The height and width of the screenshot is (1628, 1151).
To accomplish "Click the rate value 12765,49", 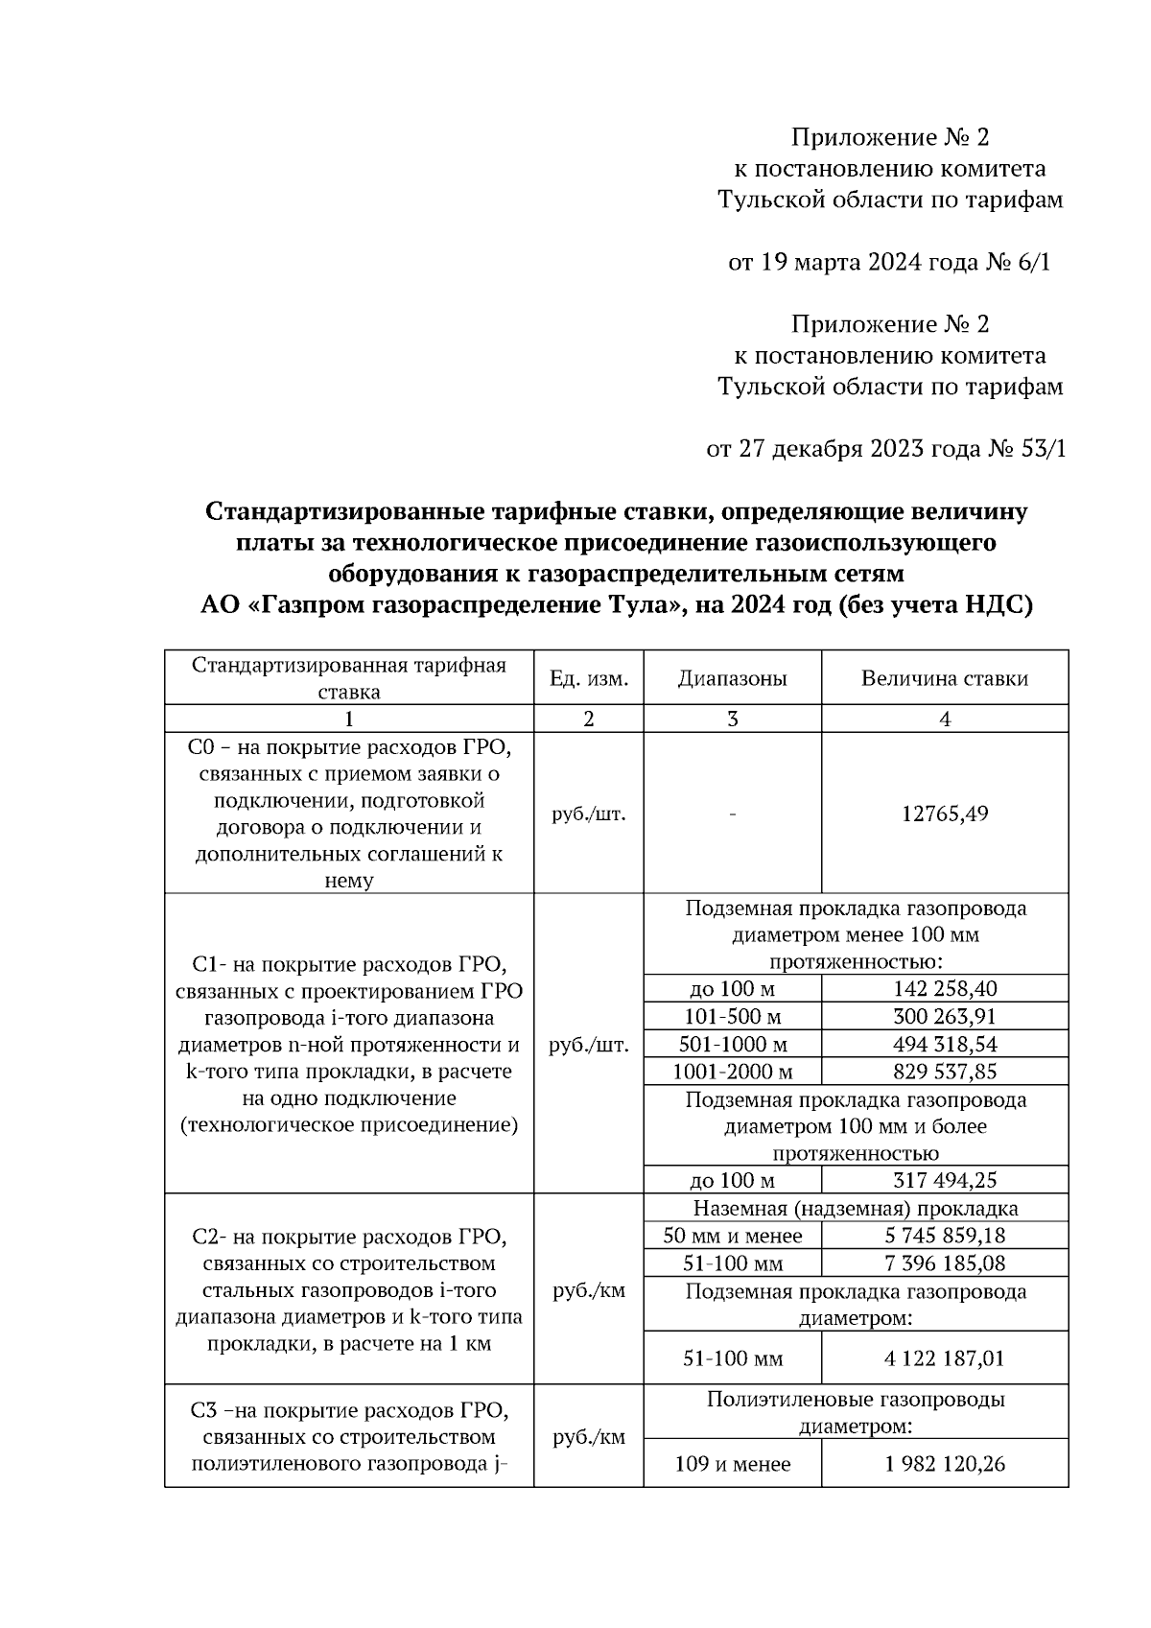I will click(945, 814).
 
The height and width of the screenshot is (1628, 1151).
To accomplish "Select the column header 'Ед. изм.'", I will click(588, 678).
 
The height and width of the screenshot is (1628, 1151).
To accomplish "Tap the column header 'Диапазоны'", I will click(732, 678).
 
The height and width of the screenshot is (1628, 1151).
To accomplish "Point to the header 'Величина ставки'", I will click(945, 678).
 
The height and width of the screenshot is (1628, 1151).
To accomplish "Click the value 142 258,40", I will click(945, 989).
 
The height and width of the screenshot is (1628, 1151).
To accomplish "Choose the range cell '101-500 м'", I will click(732, 1016).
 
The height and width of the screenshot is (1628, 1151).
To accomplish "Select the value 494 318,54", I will click(945, 1044).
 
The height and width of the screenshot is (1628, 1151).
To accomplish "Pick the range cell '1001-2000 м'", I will click(732, 1072).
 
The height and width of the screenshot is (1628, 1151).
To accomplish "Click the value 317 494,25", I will click(945, 1180).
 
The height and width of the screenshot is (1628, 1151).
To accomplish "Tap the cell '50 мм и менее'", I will click(732, 1236).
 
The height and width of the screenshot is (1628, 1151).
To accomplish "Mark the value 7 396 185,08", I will click(945, 1263).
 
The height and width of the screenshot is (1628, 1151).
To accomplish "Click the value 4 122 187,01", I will click(945, 1358).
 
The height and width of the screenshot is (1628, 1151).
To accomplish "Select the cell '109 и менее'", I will click(732, 1464).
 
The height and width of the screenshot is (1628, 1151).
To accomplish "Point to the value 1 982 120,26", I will click(945, 1464).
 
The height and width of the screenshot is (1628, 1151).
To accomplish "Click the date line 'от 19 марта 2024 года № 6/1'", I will click(889, 262).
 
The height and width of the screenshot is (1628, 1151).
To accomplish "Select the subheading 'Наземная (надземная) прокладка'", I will click(855, 1209).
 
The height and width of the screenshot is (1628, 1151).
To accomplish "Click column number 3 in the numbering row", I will click(732, 719).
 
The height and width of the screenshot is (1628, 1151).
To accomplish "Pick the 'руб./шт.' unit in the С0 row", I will click(588, 814).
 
